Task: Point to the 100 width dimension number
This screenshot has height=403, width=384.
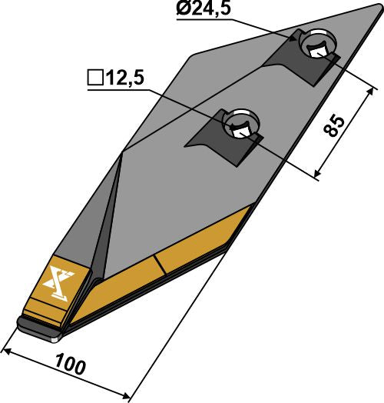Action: coord(71,365)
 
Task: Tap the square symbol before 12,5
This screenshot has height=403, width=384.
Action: coord(94,78)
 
